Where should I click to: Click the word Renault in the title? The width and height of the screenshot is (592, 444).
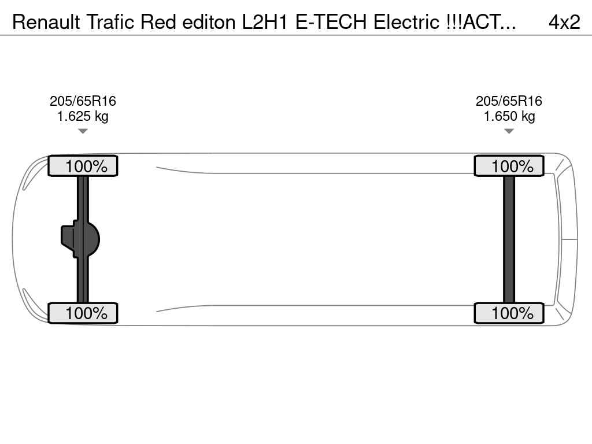[46, 22]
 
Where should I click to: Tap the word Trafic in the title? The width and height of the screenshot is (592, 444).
[110, 22]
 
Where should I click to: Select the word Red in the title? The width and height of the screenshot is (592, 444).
[158, 22]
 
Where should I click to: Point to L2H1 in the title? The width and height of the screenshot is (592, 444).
[265, 22]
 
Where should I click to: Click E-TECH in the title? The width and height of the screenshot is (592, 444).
[331, 22]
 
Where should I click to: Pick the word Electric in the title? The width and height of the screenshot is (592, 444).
[406, 22]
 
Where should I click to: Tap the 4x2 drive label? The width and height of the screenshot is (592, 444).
[564, 23]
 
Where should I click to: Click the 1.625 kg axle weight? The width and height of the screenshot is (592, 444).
[83, 116]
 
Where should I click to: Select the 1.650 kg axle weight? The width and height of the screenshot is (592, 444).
[509, 116]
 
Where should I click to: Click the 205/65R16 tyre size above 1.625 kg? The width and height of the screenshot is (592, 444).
[83, 101]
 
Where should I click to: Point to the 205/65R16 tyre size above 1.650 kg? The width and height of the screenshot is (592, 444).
[509, 101]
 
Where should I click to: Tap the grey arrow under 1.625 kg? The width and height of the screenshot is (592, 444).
[83, 131]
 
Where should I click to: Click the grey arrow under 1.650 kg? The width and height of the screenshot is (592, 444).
[509, 131]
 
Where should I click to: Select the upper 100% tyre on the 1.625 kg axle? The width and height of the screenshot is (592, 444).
[83, 166]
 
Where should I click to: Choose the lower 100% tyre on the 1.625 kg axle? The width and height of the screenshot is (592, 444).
[83, 313]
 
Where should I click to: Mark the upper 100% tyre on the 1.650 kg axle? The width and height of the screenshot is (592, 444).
[509, 166]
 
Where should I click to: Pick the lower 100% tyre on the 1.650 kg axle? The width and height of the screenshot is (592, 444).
[509, 313]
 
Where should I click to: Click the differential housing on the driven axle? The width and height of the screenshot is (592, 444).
[80, 239]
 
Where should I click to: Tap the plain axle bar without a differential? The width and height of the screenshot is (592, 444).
[509, 239]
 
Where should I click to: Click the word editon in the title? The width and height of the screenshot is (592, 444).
[209, 22]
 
